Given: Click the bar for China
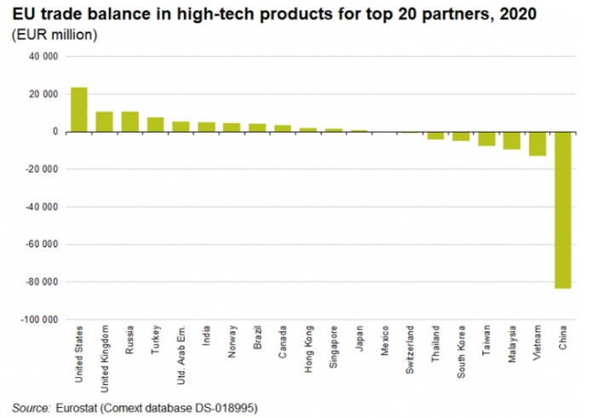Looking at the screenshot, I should pyautogui.click(x=563, y=210).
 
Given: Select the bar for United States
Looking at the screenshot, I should pyautogui.click(x=78, y=110).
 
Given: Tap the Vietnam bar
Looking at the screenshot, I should pyautogui.click(x=538, y=144).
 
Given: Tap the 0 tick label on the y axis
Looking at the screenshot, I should pyautogui.click(x=55, y=132).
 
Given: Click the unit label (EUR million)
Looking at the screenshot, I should pyautogui.click(x=55, y=35).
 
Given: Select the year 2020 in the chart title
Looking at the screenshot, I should pyautogui.click(x=518, y=14).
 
